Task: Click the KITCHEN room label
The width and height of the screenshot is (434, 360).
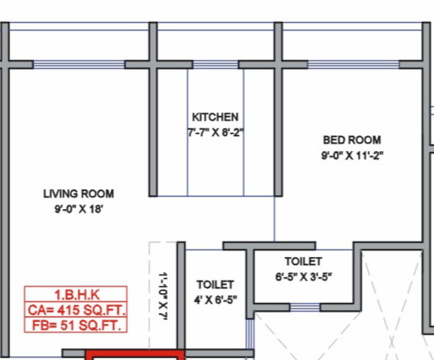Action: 215,117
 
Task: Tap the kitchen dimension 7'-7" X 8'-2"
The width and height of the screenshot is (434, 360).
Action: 215,133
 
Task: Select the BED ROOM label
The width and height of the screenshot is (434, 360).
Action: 352,140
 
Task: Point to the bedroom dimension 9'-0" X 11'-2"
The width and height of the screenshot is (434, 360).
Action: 352,155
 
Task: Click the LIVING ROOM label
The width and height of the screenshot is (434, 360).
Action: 78,194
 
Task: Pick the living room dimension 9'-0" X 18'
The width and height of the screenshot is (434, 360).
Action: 78,209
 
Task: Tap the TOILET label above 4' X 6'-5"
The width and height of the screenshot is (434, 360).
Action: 215,284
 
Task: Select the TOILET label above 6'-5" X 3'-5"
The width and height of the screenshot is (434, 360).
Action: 303,262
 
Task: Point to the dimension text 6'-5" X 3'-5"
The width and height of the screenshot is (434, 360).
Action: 303,278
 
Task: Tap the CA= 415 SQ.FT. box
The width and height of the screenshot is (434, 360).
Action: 76,310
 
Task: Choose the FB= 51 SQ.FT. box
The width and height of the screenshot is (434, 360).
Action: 76,325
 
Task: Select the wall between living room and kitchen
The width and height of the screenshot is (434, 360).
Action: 154,133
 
